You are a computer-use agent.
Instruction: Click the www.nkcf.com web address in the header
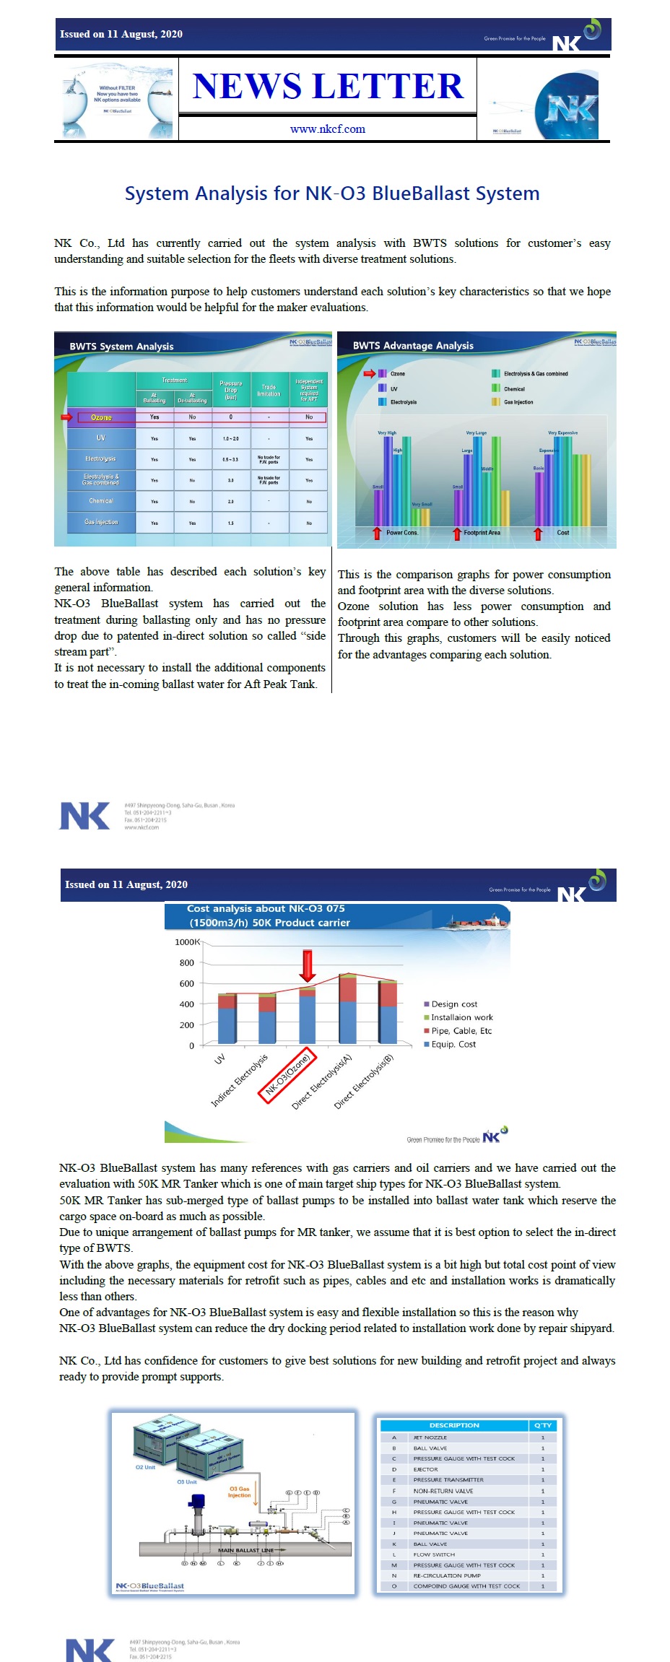pyautogui.click(x=327, y=129)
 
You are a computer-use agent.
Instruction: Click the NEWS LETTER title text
pyautogui.click(x=328, y=87)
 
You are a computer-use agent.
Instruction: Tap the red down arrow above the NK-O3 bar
pyautogui.click(x=308, y=965)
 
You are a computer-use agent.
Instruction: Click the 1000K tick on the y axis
pyautogui.click(x=188, y=942)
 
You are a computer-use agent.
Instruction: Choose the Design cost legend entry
pyautogui.click(x=453, y=1004)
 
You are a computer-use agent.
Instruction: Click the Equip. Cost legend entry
pyautogui.click(x=453, y=1044)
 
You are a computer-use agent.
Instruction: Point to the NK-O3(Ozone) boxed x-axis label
pyautogui.click(x=287, y=1075)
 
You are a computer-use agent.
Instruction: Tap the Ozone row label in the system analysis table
pyautogui.click(x=101, y=417)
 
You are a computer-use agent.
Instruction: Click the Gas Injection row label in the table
pyautogui.click(x=101, y=522)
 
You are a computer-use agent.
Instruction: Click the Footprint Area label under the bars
pyautogui.click(x=482, y=533)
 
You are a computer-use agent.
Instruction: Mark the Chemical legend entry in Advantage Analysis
pyautogui.click(x=513, y=388)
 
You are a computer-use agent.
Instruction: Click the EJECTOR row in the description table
pyautogui.click(x=425, y=1469)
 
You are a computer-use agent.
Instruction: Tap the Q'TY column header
pyautogui.click(x=542, y=1425)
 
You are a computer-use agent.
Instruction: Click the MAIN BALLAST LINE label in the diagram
pyautogui.click(x=246, y=1550)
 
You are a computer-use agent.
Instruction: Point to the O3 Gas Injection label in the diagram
pyautogui.click(x=239, y=1492)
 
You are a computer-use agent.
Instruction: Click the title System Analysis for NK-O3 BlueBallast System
pyautogui.click(x=332, y=193)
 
